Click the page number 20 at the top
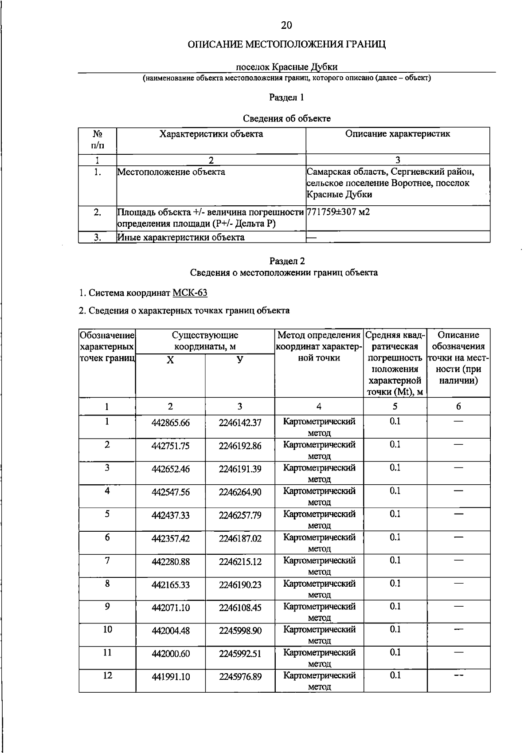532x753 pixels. (286, 25)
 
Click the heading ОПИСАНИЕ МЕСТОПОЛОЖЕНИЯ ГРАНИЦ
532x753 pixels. (286, 45)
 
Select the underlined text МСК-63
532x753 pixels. (190, 293)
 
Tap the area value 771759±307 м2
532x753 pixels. (338, 212)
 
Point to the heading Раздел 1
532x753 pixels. (286, 97)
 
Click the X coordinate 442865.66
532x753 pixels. (170, 423)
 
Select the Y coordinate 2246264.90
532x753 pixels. (240, 492)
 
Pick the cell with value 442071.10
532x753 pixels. (170, 608)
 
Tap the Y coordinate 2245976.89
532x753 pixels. (240, 677)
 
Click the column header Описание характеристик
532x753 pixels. (397, 134)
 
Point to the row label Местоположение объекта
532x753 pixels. (171, 172)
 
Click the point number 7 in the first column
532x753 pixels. (107, 561)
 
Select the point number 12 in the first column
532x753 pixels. (107, 675)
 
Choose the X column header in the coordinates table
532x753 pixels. (170, 360)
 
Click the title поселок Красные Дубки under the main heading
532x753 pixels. (286, 67)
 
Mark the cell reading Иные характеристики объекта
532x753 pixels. (181, 237)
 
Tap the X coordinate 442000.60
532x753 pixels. (170, 654)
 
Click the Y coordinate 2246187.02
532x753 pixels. (240, 538)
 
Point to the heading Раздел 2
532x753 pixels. (286, 261)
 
